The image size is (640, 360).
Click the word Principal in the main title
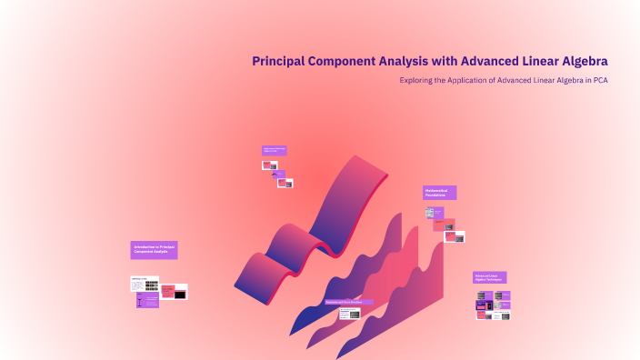click(x=280, y=61)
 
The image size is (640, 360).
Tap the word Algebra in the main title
click(x=578, y=61)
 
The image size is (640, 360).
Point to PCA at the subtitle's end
click(x=599, y=80)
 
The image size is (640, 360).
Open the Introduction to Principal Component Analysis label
click(x=154, y=250)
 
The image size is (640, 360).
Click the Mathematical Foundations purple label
click(x=439, y=193)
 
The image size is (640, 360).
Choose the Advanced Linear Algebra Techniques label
click(x=489, y=277)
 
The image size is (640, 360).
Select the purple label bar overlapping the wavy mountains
click(x=350, y=302)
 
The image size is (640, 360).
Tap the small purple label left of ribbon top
click(x=275, y=150)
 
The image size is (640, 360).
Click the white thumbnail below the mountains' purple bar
click(x=350, y=314)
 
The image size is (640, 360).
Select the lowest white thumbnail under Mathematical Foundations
click(x=455, y=238)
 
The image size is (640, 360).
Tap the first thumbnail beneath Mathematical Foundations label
click(x=430, y=213)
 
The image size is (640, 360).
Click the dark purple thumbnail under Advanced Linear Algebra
click(x=484, y=305)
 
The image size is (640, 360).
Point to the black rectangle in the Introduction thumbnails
click(x=180, y=295)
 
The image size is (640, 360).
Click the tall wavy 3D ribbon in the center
click(x=309, y=227)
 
